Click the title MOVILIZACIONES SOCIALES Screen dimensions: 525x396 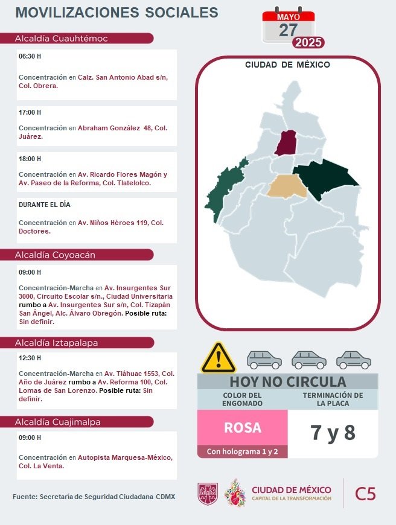pyautogui.click(x=117, y=13)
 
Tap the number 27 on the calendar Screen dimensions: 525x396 pyautogui.click(x=288, y=30)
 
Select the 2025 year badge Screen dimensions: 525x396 pyautogui.click(x=308, y=43)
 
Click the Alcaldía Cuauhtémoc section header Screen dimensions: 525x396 pyautogui.click(x=62, y=39)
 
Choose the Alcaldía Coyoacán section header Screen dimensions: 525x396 pyautogui.click(x=56, y=255)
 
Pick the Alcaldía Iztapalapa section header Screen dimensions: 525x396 pyautogui.click(x=57, y=343)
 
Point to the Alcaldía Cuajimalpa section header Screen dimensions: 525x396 pyautogui.click(x=58, y=422)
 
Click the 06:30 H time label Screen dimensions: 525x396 pyautogui.click(x=30, y=57)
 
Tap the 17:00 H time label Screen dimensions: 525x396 pyautogui.click(x=30, y=113)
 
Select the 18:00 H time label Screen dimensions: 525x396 pyautogui.click(x=30, y=159)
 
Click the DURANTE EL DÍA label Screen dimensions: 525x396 pyautogui.click(x=45, y=205)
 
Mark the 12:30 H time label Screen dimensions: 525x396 pyautogui.click(x=30, y=358)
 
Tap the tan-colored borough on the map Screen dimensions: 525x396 pyautogui.click(x=289, y=186)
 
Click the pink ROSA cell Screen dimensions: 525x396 pyautogui.click(x=243, y=427)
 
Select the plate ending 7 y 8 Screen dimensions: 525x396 pyautogui.click(x=333, y=433)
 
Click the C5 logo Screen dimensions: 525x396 pyautogui.click(x=365, y=494)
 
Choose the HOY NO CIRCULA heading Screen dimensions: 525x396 pyautogui.click(x=287, y=382)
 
